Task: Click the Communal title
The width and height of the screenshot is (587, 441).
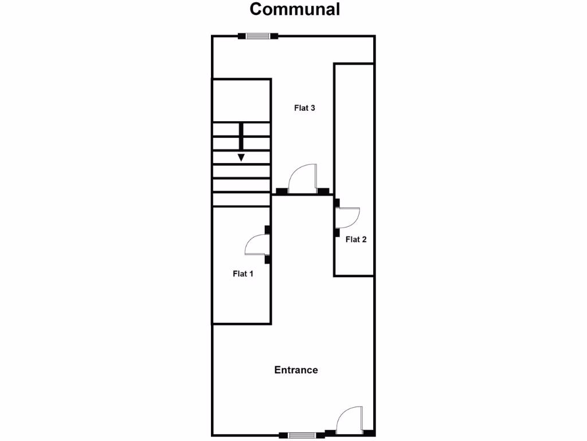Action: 295,10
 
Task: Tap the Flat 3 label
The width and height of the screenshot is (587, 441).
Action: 304,108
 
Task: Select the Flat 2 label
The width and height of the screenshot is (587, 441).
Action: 356,239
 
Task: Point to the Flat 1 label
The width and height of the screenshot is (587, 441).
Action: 243,274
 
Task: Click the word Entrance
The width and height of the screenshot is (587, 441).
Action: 296,370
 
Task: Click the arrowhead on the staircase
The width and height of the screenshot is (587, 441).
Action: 241,157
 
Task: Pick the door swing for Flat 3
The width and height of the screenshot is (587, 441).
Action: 303,179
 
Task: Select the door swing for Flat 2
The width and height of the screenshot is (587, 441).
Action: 347,217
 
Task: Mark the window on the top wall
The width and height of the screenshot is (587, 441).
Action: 258,36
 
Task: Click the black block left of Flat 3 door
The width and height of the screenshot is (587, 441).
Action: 282,191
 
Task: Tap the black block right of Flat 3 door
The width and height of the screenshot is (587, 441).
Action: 323,191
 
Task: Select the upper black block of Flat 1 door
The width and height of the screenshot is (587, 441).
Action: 268,230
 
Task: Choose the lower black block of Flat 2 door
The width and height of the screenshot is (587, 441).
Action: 337,233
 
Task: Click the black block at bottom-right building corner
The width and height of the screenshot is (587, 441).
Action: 369,433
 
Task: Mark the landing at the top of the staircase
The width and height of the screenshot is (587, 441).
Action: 241,100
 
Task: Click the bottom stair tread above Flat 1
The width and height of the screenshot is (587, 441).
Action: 241,199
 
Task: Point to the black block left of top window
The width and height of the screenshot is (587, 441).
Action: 242,36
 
